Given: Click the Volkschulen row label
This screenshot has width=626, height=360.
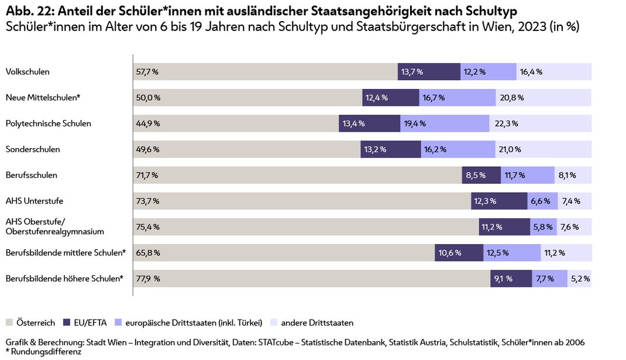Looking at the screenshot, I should (27, 72).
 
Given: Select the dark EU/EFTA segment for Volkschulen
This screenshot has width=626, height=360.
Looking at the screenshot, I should (428, 72).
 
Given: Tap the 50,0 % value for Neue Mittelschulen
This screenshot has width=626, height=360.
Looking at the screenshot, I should (148, 98).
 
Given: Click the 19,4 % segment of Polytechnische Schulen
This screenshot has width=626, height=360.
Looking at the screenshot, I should (445, 124).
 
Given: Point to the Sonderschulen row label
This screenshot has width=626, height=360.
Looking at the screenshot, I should (33, 149).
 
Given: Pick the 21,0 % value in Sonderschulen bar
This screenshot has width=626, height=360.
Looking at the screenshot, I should (510, 149).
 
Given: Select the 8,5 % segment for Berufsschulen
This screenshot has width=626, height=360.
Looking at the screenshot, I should (481, 175).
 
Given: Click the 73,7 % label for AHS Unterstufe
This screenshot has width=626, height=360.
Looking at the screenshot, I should (147, 201).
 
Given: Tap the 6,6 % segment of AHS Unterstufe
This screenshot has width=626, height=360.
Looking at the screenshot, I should (542, 201).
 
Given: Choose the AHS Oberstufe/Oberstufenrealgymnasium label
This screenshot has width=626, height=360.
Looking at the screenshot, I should (54, 226).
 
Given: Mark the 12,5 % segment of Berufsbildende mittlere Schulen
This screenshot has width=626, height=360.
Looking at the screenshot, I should (511, 253).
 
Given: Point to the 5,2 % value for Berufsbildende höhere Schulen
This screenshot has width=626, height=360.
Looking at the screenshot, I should (580, 279).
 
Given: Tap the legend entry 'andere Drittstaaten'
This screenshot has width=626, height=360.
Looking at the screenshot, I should (317, 323).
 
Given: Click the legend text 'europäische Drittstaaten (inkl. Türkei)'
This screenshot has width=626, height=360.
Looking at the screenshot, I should (193, 323).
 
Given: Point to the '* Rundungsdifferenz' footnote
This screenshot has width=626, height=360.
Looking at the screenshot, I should (43, 352).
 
